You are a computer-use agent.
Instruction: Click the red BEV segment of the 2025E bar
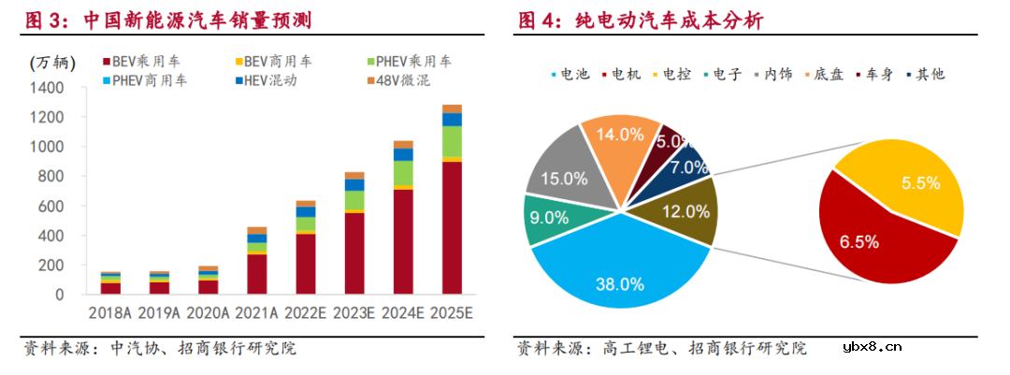pyautogui.click(x=452, y=229)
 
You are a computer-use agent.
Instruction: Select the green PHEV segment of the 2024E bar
pyautogui.click(x=403, y=173)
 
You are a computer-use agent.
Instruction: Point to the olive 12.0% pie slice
pyautogui.click(x=681, y=210)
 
